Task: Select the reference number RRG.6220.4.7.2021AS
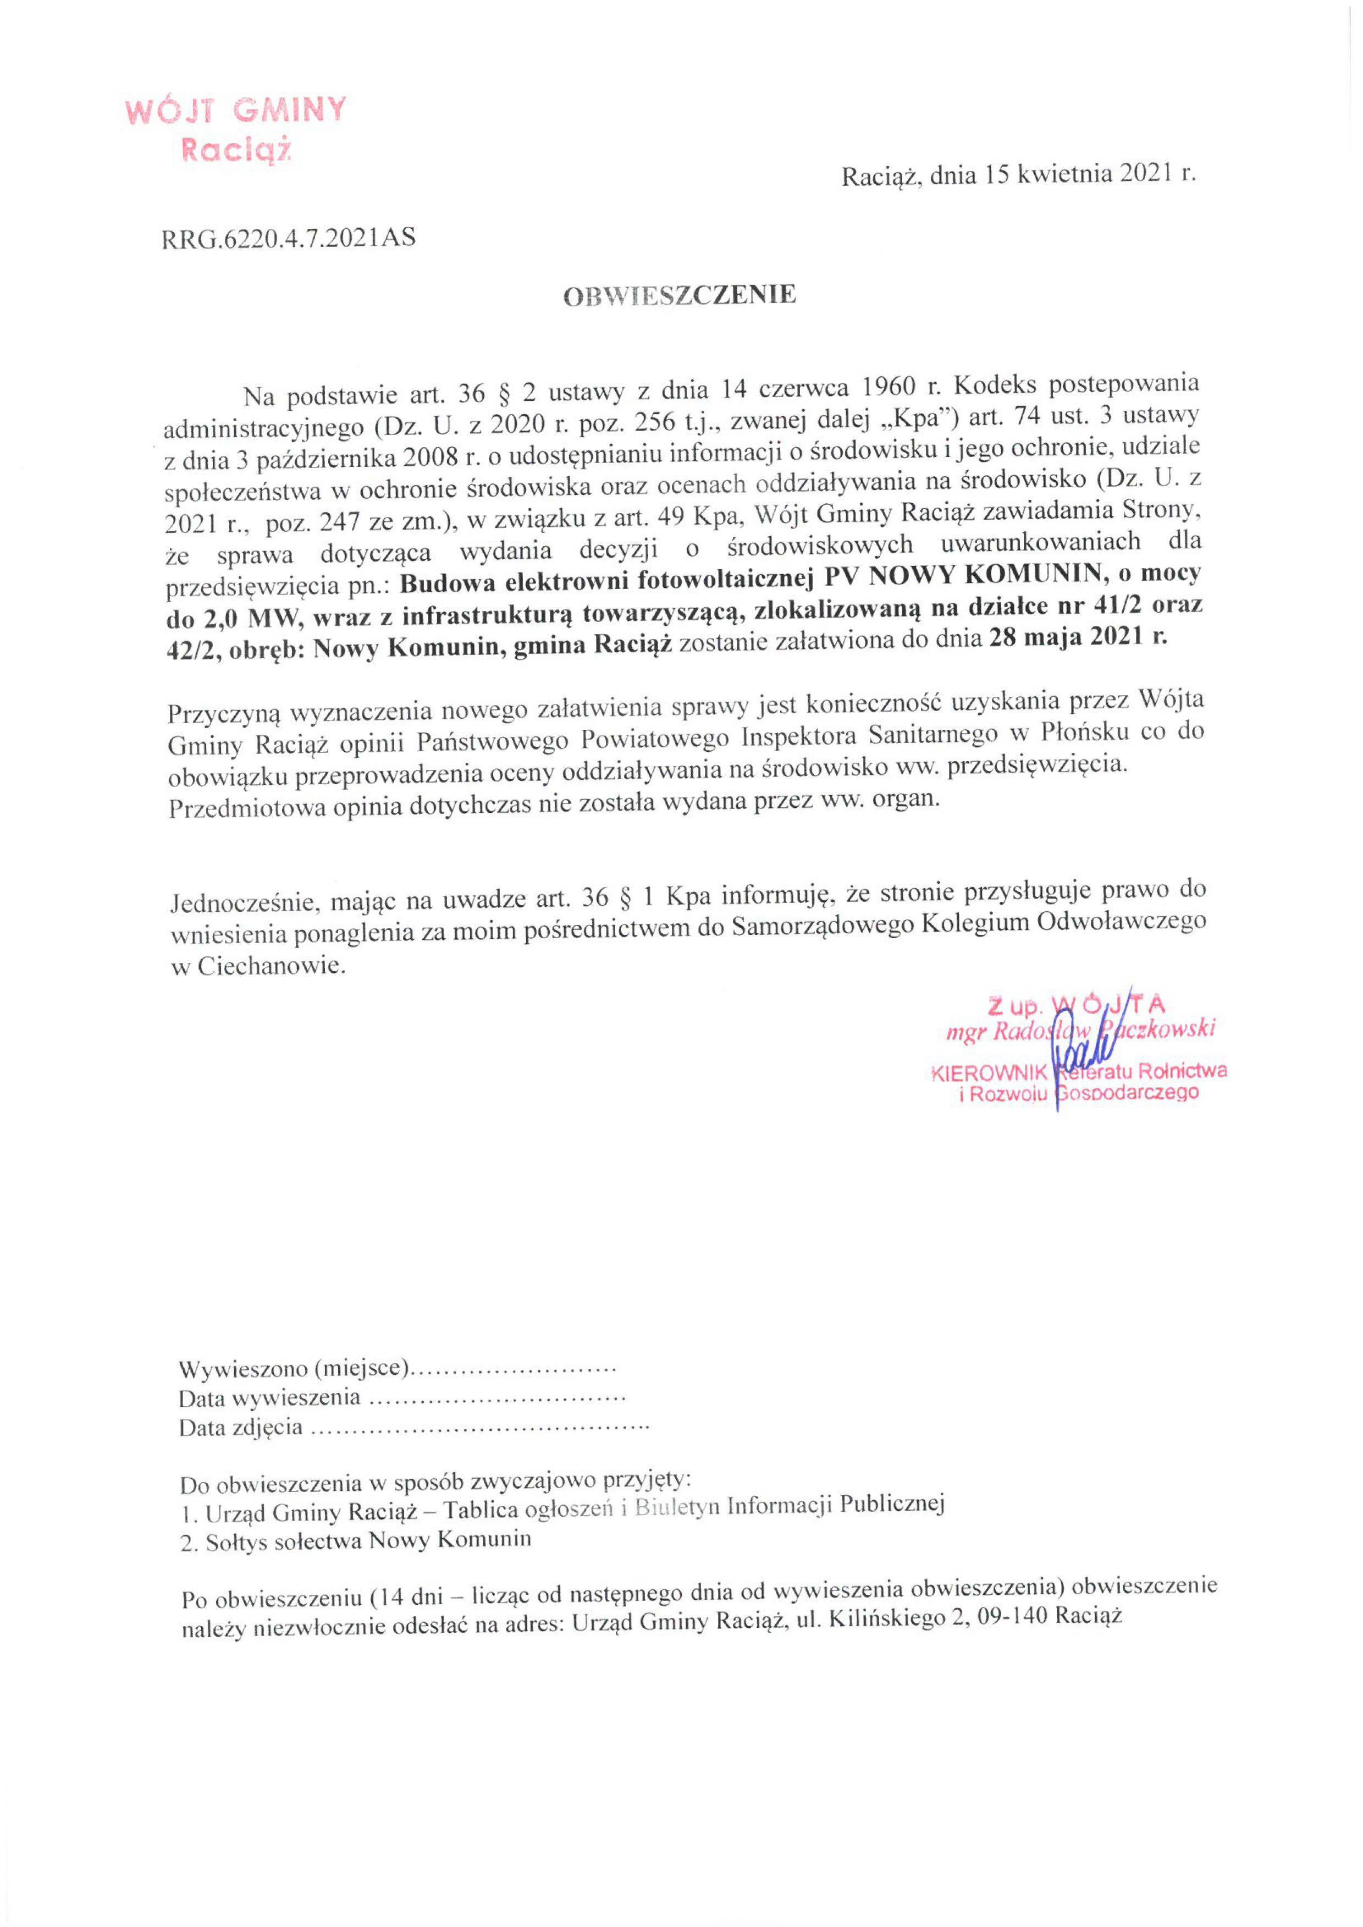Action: click(288, 238)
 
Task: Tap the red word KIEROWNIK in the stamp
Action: click(989, 1072)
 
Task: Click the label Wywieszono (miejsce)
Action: click(294, 1369)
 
